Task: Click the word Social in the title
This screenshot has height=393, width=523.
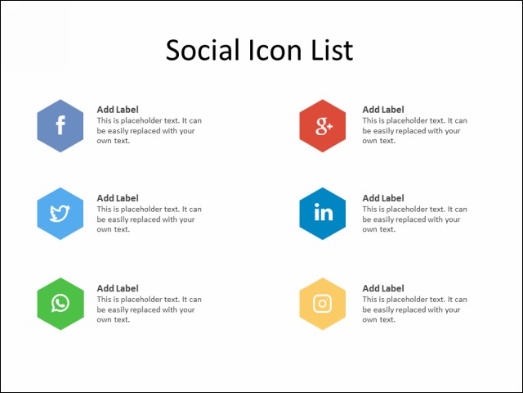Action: pyautogui.click(x=203, y=50)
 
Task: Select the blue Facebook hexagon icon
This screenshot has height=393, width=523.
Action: pyautogui.click(x=60, y=125)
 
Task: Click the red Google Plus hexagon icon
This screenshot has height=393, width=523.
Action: pyautogui.click(x=323, y=125)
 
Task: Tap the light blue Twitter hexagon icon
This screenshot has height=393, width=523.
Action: pyautogui.click(x=60, y=214)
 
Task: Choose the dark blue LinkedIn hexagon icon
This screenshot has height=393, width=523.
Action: pyautogui.click(x=323, y=214)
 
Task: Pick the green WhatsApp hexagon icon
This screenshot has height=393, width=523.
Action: pyautogui.click(x=60, y=304)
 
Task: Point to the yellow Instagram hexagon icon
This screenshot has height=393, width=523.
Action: pyautogui.click(x=323, y=304)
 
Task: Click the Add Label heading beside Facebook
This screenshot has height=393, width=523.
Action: pyautogui.click(x=118, y=110)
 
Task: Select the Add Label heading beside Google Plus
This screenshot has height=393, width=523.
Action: pyautogui.click(x=383, y=110)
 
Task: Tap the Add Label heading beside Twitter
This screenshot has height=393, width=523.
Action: pyautogui.click(x=118, y=198)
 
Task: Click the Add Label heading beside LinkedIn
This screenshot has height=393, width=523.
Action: pyautogui.click(x=383, y=198)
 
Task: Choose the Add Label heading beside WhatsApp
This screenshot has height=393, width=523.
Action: pyautogui.click(x=118, y=288)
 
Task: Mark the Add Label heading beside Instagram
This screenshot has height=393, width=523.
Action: pyautogui.click(x=383, y=288)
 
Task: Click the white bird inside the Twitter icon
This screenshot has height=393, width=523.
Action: pyautogui.click(x=60, y=214)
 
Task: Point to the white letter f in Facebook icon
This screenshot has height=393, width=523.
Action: pyautogui.click(x=60, y=125)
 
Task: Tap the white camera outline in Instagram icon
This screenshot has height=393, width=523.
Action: pyautogui.click(x=323, y=304)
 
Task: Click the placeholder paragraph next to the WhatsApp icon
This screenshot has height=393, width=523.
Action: pyautogui.click(x=149, y=309)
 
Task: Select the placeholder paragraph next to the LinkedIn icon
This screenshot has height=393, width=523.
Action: pyautogui.click(x=414, y=219)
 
